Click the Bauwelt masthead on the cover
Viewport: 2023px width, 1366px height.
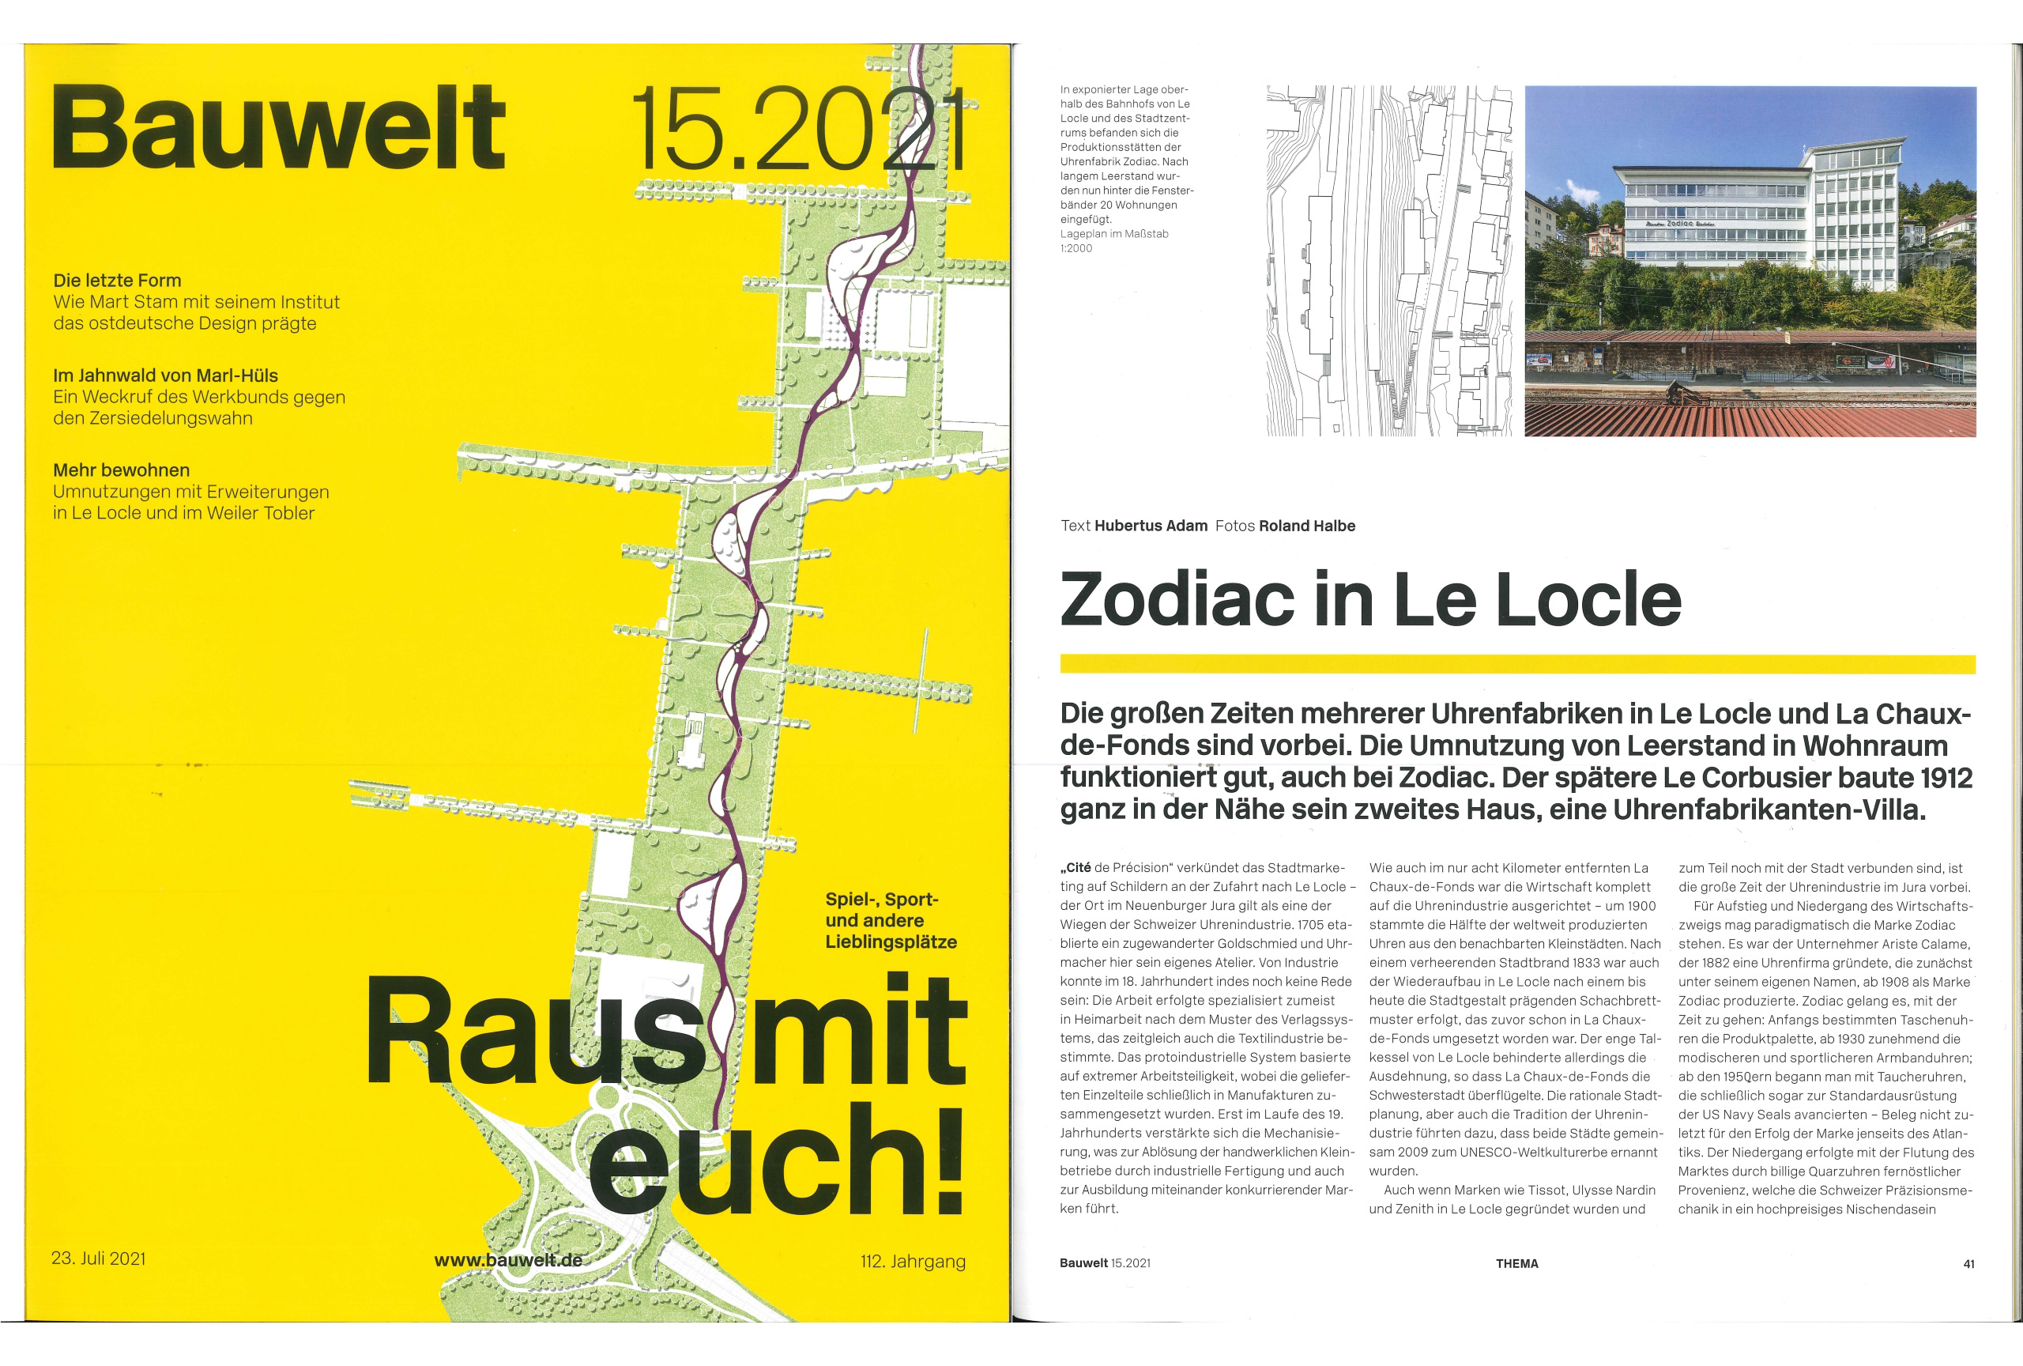278,128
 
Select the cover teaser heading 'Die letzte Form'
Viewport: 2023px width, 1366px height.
118,281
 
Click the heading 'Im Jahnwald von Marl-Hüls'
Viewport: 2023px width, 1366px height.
165,375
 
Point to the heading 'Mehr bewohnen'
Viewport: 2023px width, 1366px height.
121,470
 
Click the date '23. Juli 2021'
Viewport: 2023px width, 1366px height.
98,1258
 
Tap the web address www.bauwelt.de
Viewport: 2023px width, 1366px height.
508,1260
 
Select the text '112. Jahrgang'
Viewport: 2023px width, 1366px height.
914,1261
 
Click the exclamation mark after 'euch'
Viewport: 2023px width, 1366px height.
951,1161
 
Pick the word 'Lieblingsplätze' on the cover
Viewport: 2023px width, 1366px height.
891,942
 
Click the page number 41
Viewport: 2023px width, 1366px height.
1968,1264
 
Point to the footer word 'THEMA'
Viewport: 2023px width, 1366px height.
1516,1263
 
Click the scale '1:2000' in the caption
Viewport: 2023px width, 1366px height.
1076,248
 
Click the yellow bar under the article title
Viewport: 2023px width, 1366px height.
1517,665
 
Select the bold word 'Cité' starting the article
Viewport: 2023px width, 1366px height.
1079,867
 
